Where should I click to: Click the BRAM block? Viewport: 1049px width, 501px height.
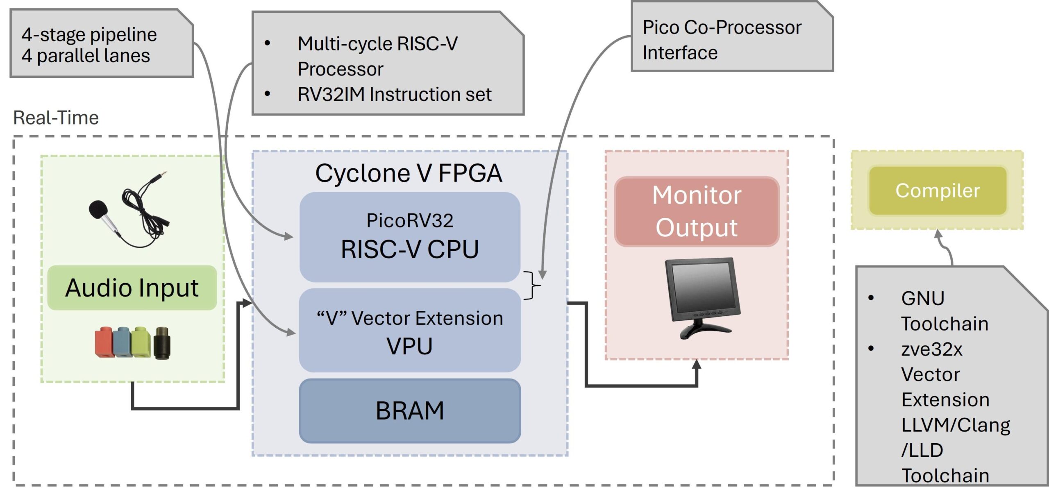(x=410, y=411)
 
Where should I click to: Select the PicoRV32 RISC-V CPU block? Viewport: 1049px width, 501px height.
(x=410, y=237)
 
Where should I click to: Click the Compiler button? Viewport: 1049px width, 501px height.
(x=938, y=190)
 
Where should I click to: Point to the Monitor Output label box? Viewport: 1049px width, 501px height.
(x=697, y=211)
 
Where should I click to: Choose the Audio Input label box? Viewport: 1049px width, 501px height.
(x=132, y=288)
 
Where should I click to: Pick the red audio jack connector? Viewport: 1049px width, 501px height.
(x=104, y=342)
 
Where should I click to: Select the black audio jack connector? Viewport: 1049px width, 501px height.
(x=162, y=342)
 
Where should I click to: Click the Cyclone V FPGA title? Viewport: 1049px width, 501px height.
(x=408, y=173)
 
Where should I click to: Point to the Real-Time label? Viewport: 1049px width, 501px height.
(x=56, y=118)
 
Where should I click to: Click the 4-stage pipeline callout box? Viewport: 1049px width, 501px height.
(x=101, y=44)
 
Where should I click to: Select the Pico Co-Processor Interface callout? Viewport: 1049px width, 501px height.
(x=732, y=40)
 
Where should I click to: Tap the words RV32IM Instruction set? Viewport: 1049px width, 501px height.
(x=394, y=95)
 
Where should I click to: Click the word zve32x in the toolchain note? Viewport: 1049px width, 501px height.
(x=931, y=349)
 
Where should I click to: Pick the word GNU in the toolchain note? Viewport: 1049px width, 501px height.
(x=923, y=298)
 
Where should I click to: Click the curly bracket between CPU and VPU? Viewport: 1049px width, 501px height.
(x=533, y=285)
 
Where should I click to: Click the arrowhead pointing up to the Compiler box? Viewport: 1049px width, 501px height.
(x=938, y=234)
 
